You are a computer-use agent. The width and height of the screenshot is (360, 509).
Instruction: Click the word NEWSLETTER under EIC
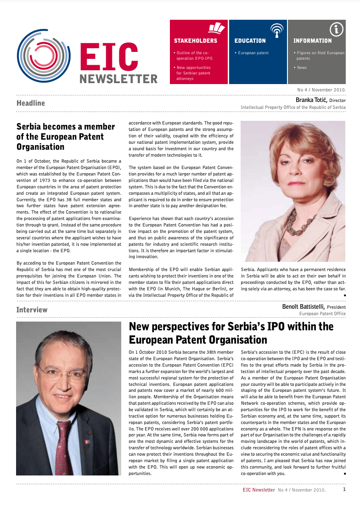[118, 79]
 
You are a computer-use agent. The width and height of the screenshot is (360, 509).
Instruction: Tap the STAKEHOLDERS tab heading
[195, 41]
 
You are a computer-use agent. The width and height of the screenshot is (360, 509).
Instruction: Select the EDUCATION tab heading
[250, 41]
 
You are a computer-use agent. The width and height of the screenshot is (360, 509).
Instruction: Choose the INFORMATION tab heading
[312, 41]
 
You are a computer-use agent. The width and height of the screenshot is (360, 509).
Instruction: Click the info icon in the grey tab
[337, 30]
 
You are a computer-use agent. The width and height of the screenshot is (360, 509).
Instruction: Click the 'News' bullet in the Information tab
[302, 68]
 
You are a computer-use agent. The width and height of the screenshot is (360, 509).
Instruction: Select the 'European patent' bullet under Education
[253, 53]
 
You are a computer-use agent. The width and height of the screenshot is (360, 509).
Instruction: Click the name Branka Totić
[311, 100]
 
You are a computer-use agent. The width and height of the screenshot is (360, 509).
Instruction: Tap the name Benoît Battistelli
[304, 306]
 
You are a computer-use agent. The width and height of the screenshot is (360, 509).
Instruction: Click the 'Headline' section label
[30, 103]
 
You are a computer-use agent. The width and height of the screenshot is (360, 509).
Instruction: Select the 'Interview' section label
[32, 310]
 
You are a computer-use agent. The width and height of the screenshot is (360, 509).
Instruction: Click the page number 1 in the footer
[344, 489]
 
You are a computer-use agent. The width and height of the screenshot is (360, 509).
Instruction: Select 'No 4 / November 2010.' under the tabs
[321, 90]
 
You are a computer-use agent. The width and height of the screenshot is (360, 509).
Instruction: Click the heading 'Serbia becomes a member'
[66, 126]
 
